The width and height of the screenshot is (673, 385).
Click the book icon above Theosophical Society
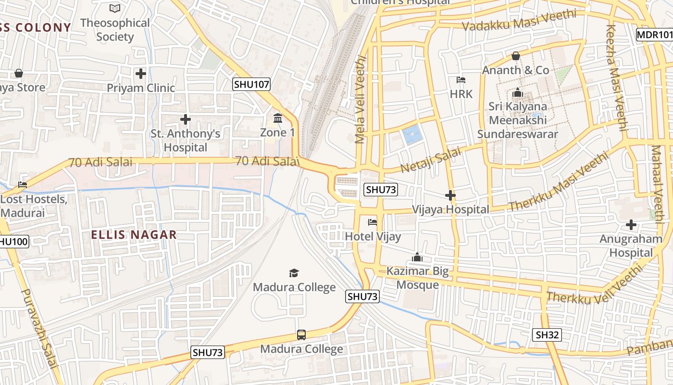point(115,8)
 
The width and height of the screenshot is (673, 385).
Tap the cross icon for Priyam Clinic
point(141,74)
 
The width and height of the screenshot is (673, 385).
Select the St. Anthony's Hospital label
point(186,141)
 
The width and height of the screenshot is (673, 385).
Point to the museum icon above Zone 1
point(278,118)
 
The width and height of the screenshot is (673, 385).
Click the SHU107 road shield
point(251,85)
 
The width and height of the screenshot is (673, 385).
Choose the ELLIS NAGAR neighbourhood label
point(134,235)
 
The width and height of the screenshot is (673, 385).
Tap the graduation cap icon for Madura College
point(294,273)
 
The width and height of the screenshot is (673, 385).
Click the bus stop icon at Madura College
point(301,335)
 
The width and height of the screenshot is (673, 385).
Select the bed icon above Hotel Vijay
point(373,222)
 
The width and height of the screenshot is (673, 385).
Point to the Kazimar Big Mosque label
point(417,278)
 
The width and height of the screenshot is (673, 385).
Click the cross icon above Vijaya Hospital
point(450,195)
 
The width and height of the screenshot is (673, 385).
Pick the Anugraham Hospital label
point(631,245)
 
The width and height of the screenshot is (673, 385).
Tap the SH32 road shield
point(547,335)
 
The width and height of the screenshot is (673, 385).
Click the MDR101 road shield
point(654,35)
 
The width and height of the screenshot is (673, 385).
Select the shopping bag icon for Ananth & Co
point(516,56)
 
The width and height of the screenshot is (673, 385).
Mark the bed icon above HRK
point(461,79)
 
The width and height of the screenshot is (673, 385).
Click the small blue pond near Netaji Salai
point(412,135)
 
